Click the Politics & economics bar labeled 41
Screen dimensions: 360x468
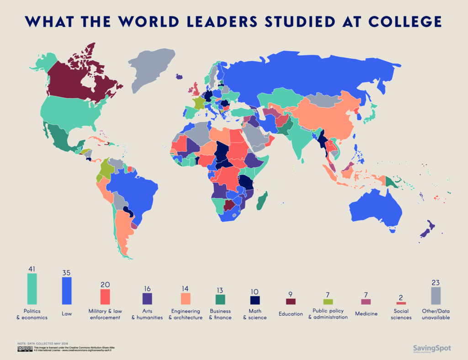pyautogui.click(x=32, y=288)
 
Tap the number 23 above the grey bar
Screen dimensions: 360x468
pyautogui.click(x=436, y=282)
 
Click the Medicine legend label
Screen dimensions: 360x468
pyautogui.click(x=366, y=314)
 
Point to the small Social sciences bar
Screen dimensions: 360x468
pyautogui.click(x=401, y=303)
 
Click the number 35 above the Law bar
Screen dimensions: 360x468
pyautogui.click(x=67, y=272)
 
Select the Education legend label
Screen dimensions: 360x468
pyautogui.click(x=291, y=314)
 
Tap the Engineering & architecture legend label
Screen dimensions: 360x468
pyautogui.click(x=185, y=314)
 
